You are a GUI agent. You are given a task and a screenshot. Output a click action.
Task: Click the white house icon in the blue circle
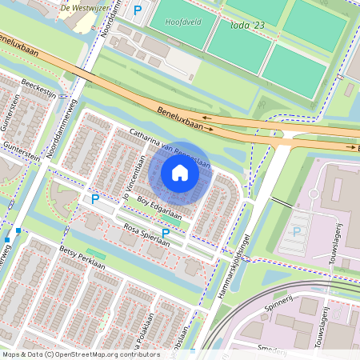(x=180, y=173)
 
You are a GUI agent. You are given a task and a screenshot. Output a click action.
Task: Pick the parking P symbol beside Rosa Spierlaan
(x=166, y=233)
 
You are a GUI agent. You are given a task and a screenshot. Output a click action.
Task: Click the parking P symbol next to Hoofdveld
(x=138, y=10)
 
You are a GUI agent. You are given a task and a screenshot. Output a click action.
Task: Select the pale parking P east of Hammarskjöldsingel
(x=298, y=232)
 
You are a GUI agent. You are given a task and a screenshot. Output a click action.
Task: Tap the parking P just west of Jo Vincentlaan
(x=95, y=198)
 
